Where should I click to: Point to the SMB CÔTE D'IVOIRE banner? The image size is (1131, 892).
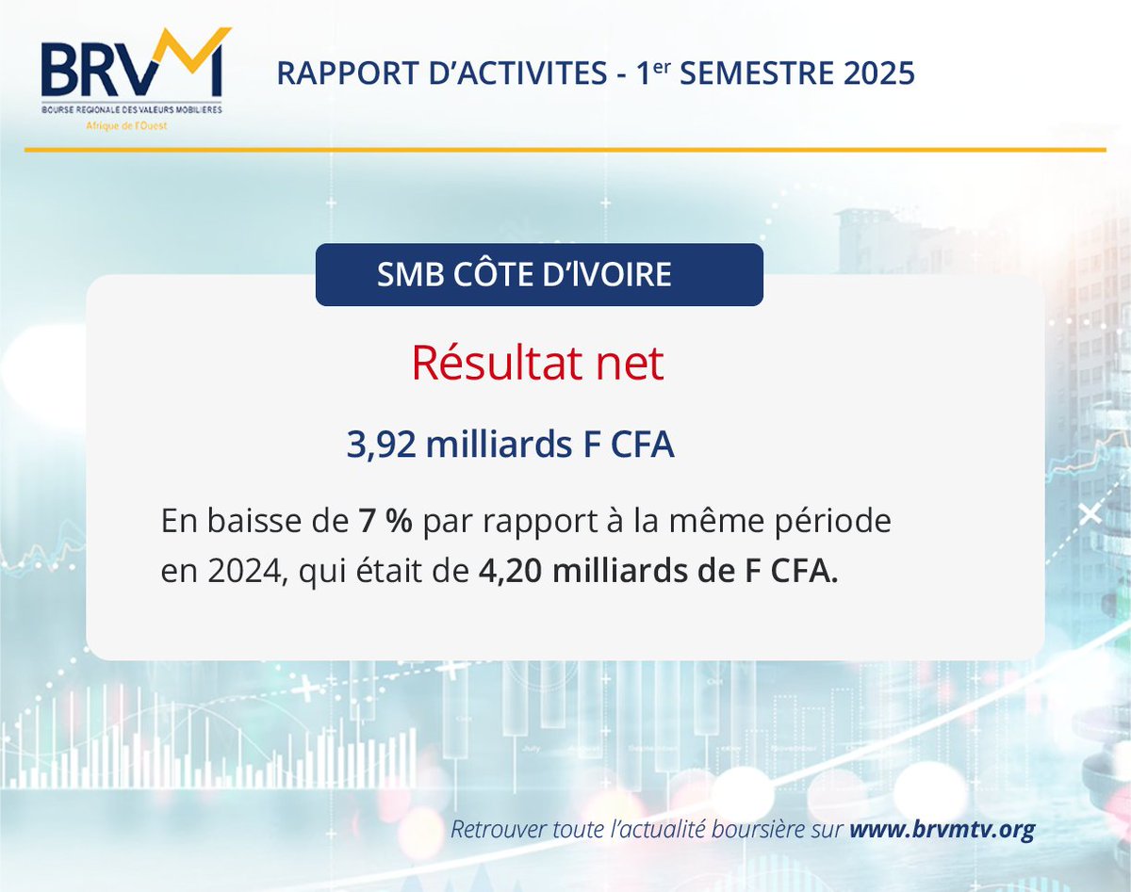[538, 275]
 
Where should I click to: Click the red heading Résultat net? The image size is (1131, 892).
[537, 365]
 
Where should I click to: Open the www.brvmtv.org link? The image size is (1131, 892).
[942, 830]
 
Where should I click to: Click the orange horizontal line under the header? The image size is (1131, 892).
[565, 149]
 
